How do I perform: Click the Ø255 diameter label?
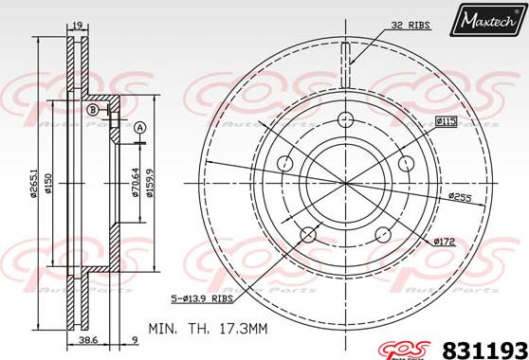(460, 196)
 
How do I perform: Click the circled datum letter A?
(140, 128)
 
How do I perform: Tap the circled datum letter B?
(93, 111)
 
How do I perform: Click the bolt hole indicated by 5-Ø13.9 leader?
(306, 233)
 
